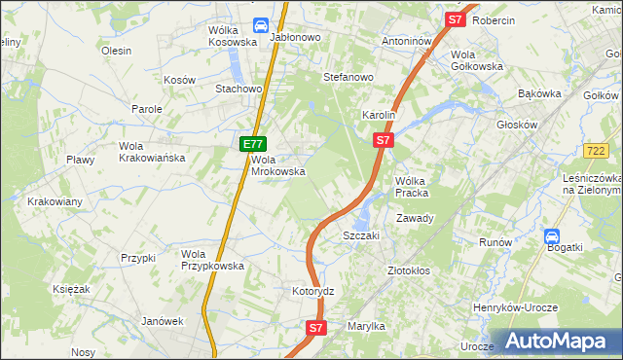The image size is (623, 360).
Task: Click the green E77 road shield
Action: (252, 144)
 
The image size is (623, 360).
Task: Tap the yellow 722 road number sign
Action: (598, 151)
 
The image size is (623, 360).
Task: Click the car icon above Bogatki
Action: (552, 235)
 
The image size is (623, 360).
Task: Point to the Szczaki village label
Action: (360, 235)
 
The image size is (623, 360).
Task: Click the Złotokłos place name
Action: (409, 270)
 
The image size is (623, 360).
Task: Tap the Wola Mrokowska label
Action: (279, 165)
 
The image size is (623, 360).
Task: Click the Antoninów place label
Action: (407, 42)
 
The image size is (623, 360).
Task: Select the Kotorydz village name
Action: (313, 291)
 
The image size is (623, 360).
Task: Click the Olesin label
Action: (116, 51)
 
